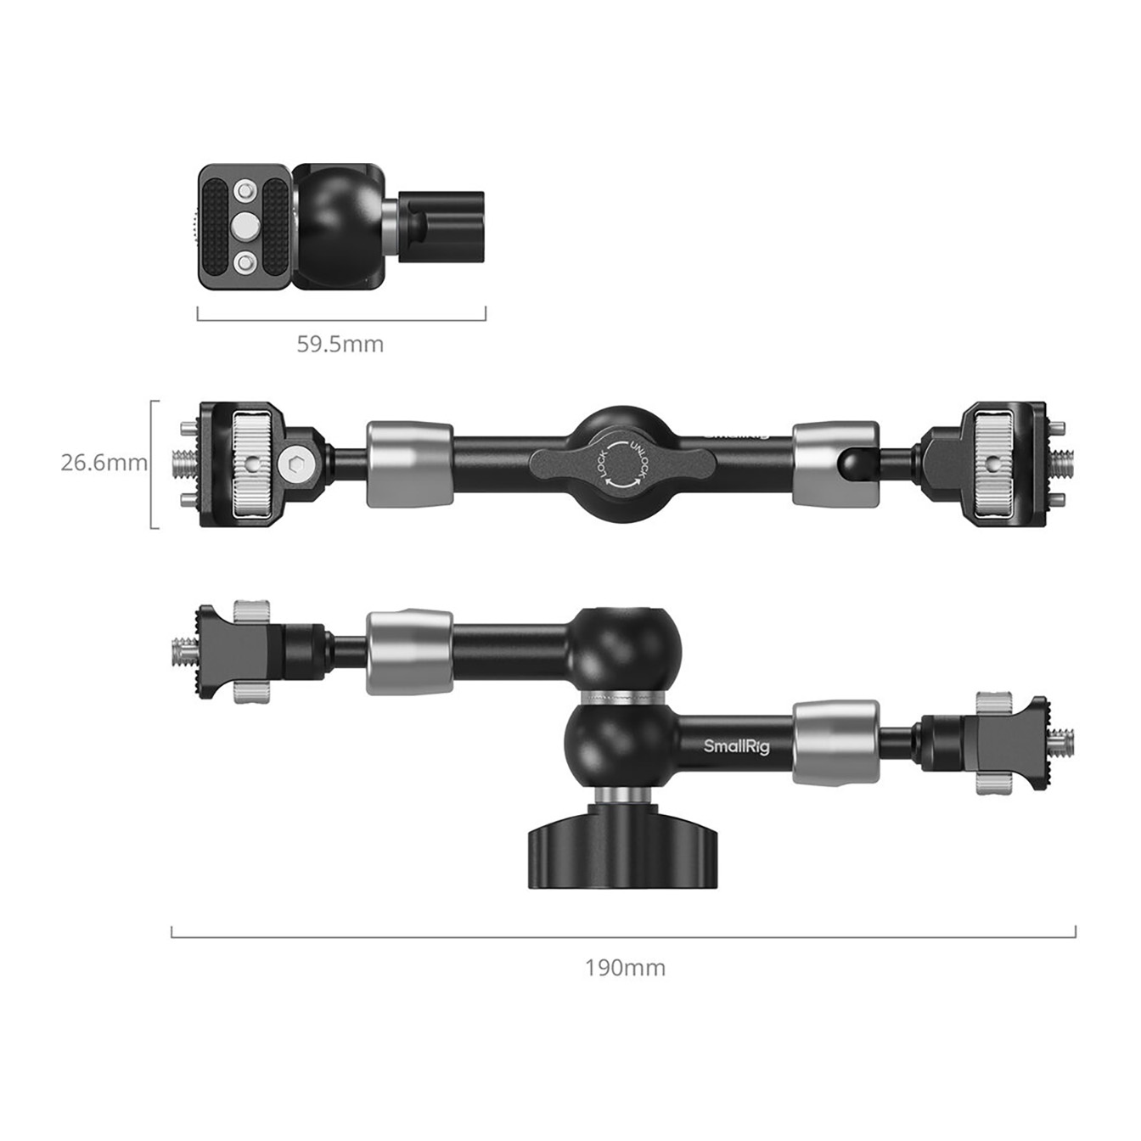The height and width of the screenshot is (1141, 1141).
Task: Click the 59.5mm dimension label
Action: [x=340, y=344]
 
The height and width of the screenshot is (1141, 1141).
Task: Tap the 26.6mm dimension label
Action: [x=104, y=463]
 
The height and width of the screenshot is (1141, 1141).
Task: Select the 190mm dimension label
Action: [x=626, y=968]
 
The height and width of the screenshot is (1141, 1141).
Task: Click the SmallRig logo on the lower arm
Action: [x=737, y=746]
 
